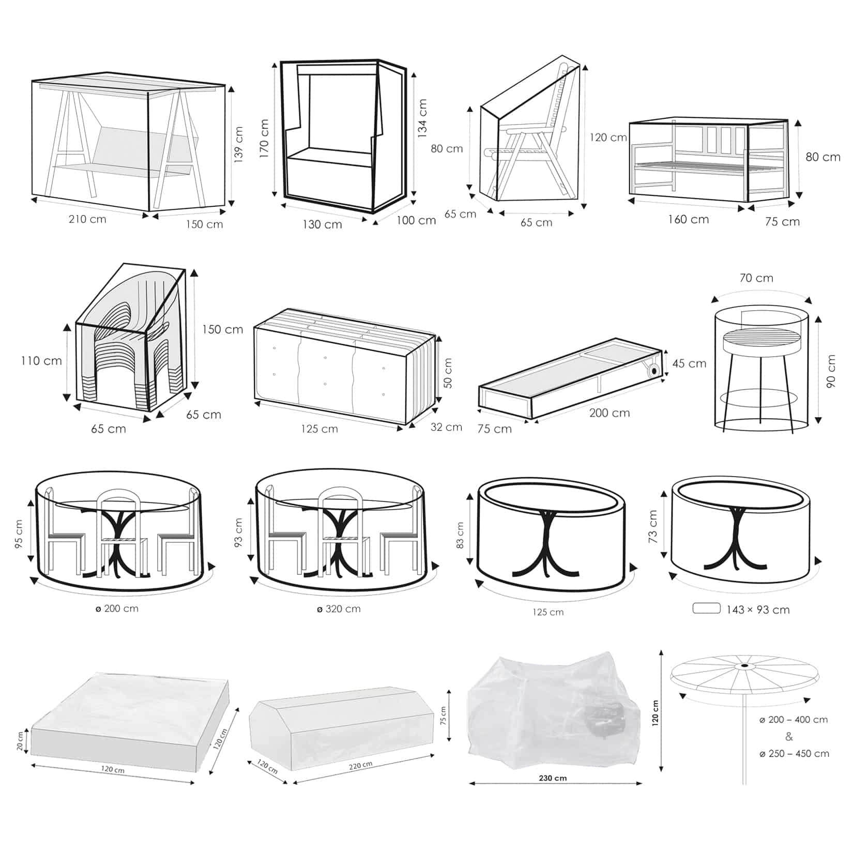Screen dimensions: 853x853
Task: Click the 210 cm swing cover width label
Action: coord(87,219)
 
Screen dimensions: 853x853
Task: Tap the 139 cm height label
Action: coord(238,145)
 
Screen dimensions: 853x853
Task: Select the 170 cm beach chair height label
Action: coord(264,139)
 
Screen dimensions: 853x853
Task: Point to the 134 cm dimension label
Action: coord(422,118)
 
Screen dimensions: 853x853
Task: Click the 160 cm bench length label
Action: coord(688,219)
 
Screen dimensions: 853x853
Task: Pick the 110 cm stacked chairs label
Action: coord(41,361)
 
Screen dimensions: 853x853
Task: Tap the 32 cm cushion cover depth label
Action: coord(446,427)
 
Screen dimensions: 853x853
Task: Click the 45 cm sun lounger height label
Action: coord(689,363)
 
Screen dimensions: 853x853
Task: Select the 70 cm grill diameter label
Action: coord(756,278)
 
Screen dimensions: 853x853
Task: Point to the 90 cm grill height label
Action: coord(831,371)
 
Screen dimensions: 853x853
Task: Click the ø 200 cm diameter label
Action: coord(117,608)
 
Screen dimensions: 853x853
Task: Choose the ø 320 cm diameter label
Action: coord(339,609)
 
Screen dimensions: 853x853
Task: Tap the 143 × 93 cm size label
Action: coord(758,610)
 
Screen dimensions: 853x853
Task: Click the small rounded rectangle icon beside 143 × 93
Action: coord(706,608)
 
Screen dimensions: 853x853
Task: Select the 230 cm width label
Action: coord(553,778)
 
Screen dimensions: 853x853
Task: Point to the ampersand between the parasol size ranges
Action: coord(789,736)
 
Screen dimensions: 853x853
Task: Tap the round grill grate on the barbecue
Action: coord(761,339)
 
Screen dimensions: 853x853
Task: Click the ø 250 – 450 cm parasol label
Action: coord(794,754)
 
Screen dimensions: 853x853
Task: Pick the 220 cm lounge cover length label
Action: coord(360,766)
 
